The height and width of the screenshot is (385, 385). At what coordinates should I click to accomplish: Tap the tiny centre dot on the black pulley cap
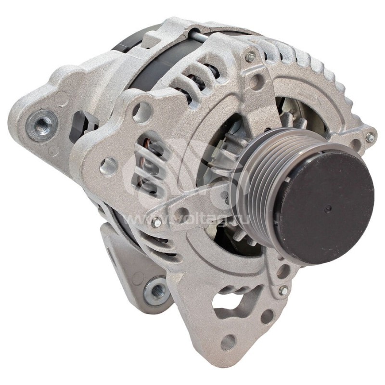[328, 209]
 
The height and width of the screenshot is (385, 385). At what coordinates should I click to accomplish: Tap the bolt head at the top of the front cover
[251, 57]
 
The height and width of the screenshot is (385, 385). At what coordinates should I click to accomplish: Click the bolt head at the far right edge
[370, 138]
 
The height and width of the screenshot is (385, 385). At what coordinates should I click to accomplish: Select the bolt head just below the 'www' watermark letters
[156, 222]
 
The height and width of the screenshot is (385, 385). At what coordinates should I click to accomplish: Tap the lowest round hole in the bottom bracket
[228, 342]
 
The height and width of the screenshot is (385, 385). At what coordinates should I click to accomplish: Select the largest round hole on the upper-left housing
[141, 112]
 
